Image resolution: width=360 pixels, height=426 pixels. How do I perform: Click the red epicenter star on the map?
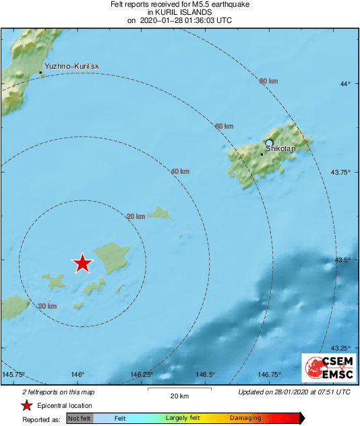(x=82, y=263)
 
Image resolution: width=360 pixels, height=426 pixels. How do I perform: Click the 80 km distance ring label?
(x=268, y=82)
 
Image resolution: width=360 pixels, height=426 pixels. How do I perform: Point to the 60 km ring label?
(x=224, y=127)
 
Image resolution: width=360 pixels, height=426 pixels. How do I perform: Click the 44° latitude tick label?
(x=345, y=84)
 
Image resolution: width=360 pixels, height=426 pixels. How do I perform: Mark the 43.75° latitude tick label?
(x=343, y=172)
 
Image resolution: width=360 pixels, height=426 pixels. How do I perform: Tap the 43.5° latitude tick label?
(x=345, y=260)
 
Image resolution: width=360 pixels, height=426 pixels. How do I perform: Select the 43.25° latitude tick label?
(x=343, y=348)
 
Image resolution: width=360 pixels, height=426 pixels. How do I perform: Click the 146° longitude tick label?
(x=77, y=375)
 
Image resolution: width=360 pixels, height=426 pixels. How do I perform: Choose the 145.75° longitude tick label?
(x=13, y=375)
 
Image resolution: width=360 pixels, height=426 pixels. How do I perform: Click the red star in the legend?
(x=26, y=405)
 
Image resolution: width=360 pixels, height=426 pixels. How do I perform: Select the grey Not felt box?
(x=79, y=419)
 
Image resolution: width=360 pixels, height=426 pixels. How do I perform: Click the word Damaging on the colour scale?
(x=245, y=419)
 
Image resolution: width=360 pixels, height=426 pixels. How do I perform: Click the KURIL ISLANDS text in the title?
(x=180, y=12)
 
